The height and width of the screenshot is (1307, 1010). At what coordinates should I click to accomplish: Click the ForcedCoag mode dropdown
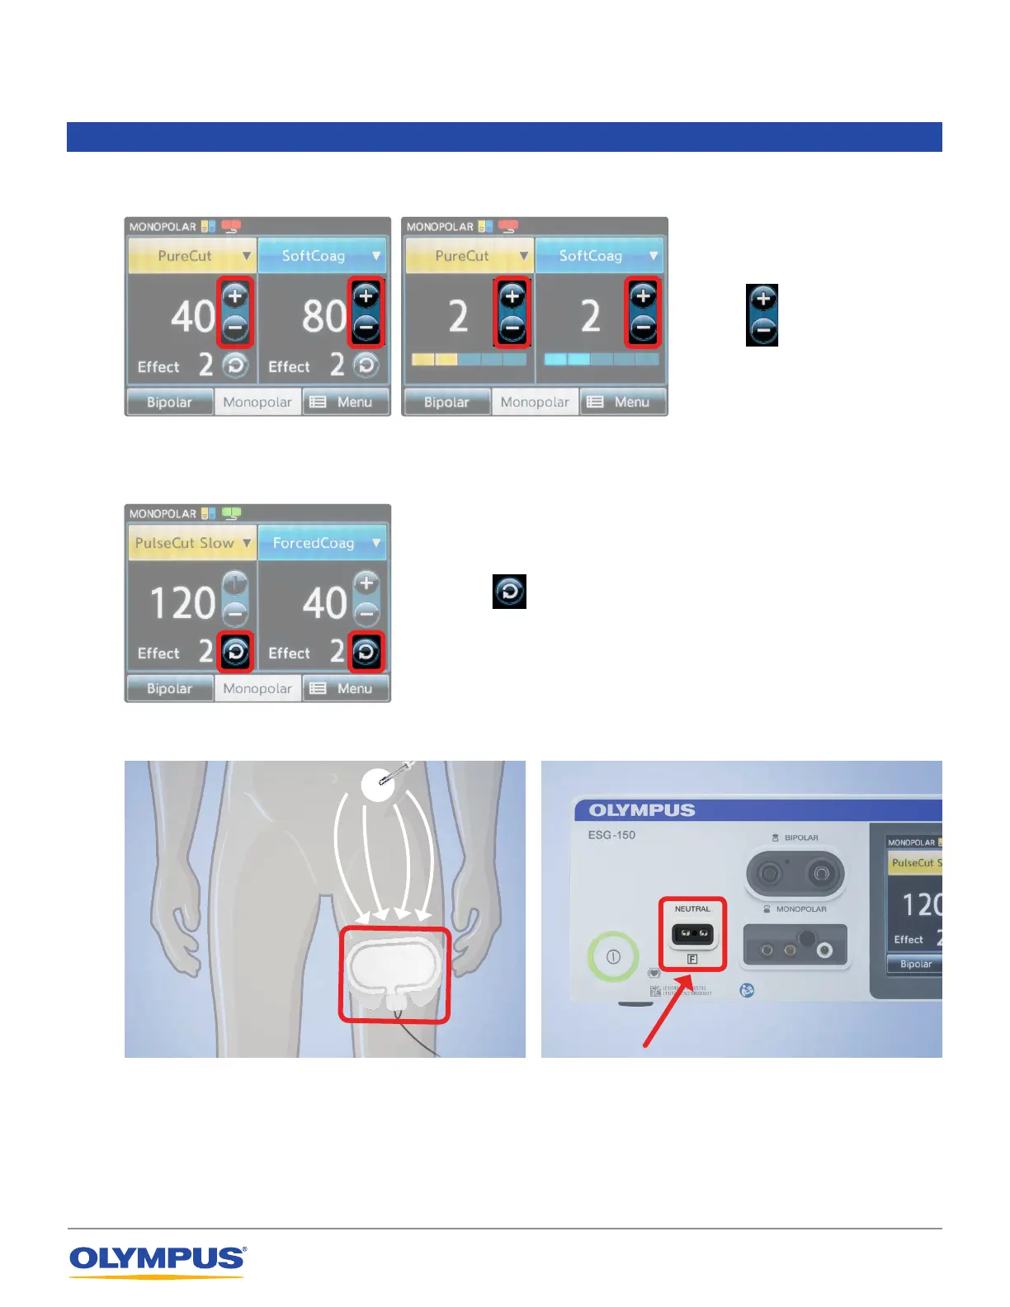pyautogui.click(x=322, y=543)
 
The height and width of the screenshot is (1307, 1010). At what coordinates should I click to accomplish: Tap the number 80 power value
pyautogui.click(x=324, y=316)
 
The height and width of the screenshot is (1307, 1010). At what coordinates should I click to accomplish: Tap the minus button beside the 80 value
pyautogui.click(x=366, y=328)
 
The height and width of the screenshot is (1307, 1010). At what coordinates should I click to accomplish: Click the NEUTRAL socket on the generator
pyautogui.click(x=692, y=934)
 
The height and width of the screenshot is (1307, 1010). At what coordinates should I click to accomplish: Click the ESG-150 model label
pyautogui.click(x=611, y=835)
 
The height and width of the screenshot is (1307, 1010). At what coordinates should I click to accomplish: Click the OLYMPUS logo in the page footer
pyautogui.click(x=157, y=1260)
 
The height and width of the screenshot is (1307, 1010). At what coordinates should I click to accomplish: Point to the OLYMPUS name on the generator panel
pyautogui.click(x=642, y=810)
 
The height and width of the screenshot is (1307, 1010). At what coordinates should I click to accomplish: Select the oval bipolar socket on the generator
pyautogui.click(x=795, y=874)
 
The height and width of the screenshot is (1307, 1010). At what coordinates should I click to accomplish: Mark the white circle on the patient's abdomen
pyautogui.click(x=378, y=785)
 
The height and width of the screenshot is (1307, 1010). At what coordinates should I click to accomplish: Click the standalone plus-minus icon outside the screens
pyautogui.click(x=762, y=315)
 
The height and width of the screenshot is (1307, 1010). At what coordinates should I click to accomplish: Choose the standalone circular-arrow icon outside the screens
pyautogui.click(x=509, y=592)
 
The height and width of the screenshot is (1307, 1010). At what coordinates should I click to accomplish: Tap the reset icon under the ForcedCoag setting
pyautogui.click(x=366, y=653)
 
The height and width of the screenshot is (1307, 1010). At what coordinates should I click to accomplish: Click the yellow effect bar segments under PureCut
pyautogui.click(x=434, y=360)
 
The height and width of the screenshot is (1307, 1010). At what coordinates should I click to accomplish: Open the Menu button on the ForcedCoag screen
pyautogui.click(x=346, y=688)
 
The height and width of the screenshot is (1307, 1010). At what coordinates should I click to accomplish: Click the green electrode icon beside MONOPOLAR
pyautogui.click(x=231, y=513)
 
